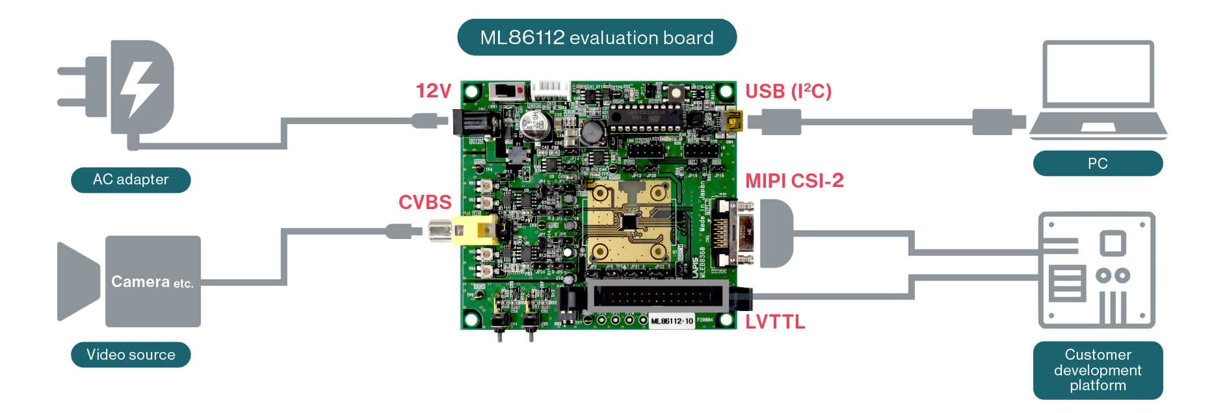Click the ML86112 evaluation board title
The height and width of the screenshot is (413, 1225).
tap(596, 38)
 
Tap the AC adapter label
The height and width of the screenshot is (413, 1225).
tap(131, 180)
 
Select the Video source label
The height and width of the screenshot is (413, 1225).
tap(131, 355)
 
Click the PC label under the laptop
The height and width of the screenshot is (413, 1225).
tap(1098, 164)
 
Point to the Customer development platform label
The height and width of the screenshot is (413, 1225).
tap(1098, 370)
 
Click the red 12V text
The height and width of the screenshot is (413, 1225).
tap(433, 91)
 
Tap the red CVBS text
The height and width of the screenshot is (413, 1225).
tap(425, 203)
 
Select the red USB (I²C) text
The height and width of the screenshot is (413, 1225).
tap(788, 92)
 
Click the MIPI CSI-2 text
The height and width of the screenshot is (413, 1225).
tap(794, 181)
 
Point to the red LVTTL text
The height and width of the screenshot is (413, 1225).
tap(774, 322)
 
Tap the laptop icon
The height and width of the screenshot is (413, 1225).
tap(1098, 91)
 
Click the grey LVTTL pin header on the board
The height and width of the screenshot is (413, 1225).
tap(657, 297)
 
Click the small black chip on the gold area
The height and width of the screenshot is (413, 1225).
tap(629, 222)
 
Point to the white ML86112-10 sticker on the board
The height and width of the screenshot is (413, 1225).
tap(672, 321)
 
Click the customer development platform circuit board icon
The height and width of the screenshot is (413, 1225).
tap(1096, 269)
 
